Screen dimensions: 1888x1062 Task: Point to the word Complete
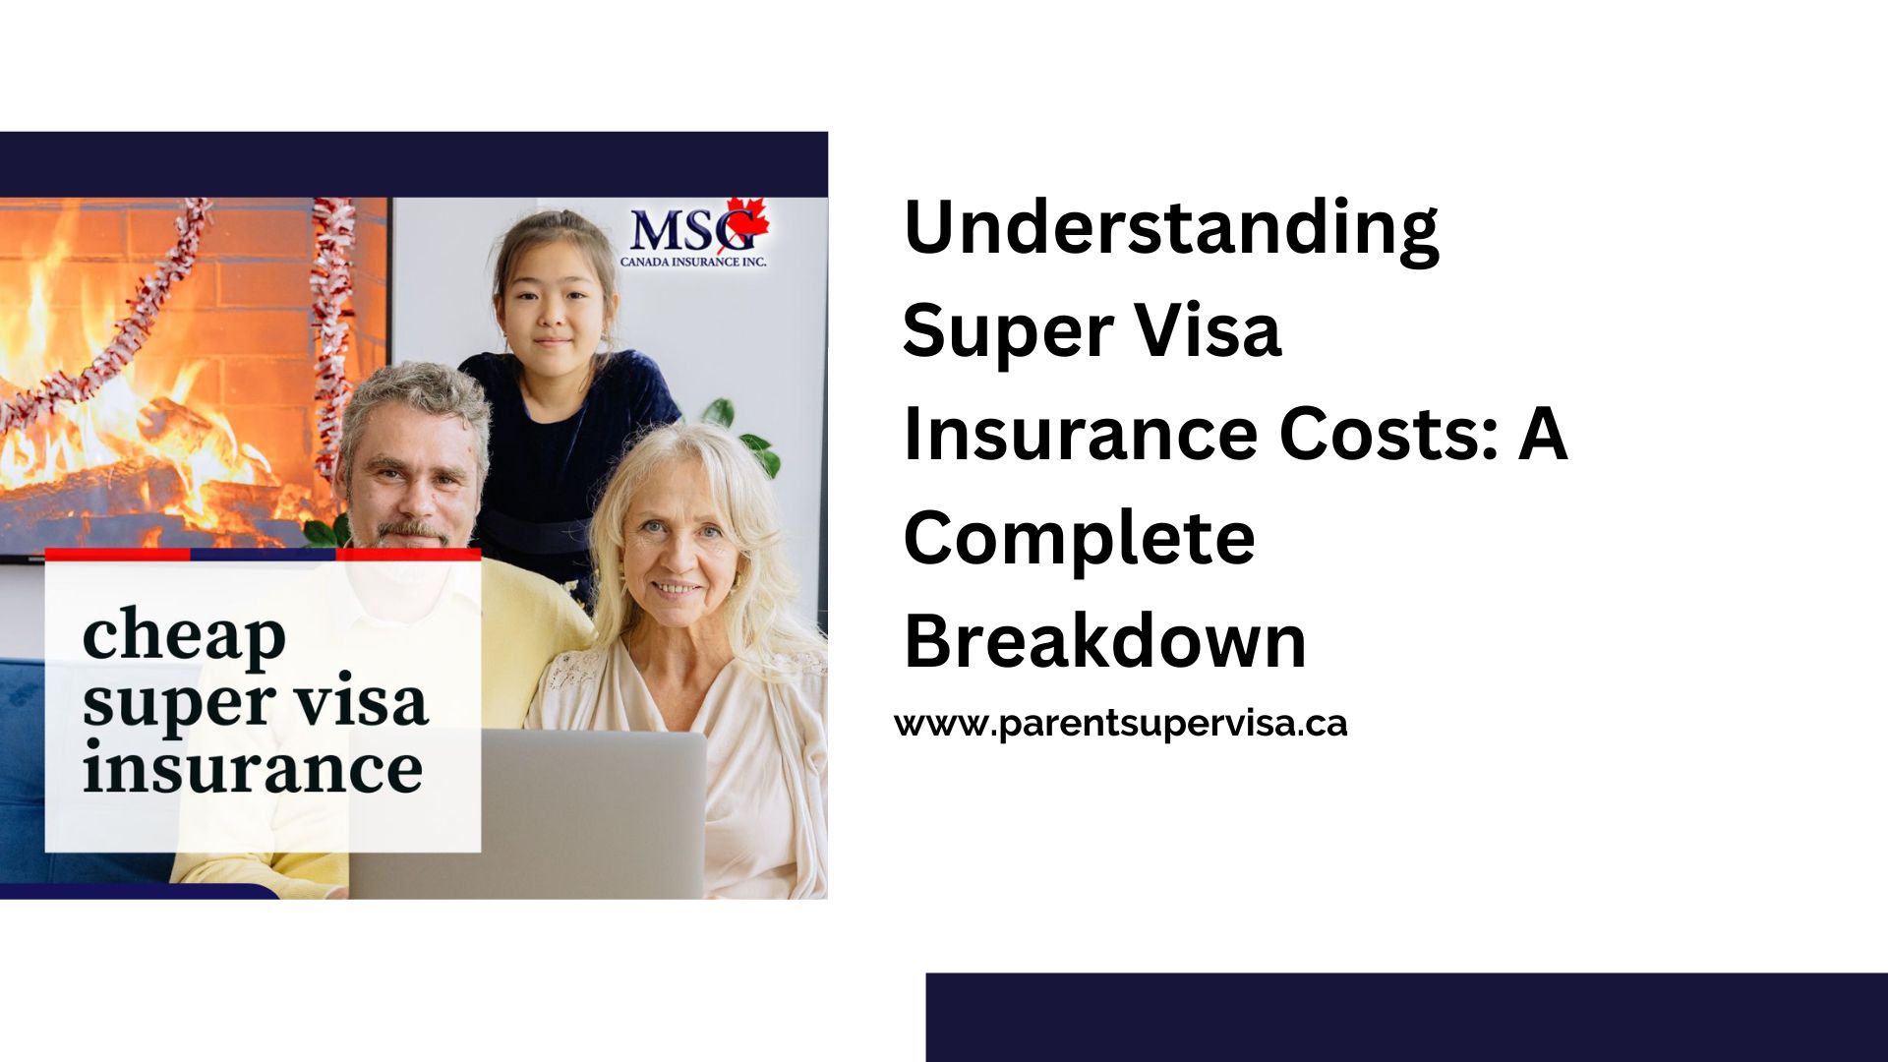click(1079, 538)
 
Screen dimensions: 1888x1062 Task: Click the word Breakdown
click(1104, 640)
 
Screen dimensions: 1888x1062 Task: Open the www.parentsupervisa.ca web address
click(1121, 724)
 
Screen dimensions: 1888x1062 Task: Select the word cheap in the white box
click(184, 637)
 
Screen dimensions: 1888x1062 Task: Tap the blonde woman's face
click(679, 551)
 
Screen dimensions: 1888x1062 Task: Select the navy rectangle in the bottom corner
click(1407, 1018)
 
